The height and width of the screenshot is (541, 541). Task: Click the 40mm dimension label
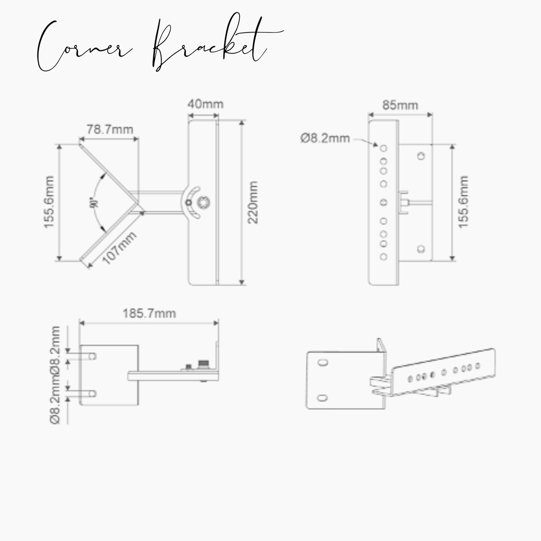[x=205, y=104]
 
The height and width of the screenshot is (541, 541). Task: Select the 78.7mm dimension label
[x=110, y=129]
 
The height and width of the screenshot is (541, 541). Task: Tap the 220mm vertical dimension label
[x=253, y=202]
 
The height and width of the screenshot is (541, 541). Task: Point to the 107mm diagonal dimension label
[x=119, y=248]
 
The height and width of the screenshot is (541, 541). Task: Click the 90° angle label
[x=94, y=203]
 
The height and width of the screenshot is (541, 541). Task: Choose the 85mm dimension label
[x=400, y=105]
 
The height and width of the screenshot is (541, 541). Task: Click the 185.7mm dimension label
[x=149, y=314]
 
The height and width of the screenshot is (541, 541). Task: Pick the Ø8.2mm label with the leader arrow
[x=325, y=138]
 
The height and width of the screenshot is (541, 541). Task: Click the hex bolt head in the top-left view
[x=203, y=203]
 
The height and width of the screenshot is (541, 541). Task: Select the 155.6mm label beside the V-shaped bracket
[x=49, y=202]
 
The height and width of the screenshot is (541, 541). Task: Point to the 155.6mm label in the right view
[x=463, y=202]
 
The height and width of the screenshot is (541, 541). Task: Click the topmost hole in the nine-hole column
[x=384, y=148]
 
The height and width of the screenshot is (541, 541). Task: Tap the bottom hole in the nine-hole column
[x=384, y=257]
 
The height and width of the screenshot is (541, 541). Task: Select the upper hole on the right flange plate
[x=421, y=156]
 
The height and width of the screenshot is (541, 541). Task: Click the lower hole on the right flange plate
[x=421, y=249]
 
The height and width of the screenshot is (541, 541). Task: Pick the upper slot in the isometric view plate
[x=323, y=362]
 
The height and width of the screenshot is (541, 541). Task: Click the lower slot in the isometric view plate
[x=322, y=398]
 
